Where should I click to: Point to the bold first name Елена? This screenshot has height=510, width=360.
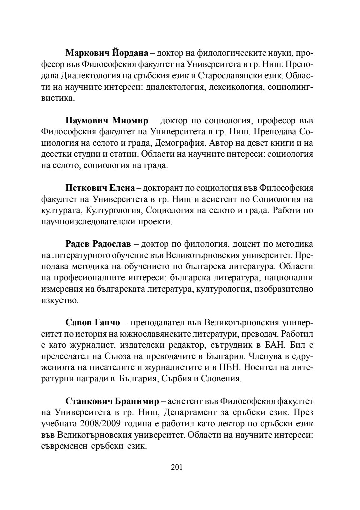(x=122, y=188)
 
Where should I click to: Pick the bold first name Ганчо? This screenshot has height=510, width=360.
(x=106, y=323)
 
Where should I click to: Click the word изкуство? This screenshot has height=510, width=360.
(x=59, y=300)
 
